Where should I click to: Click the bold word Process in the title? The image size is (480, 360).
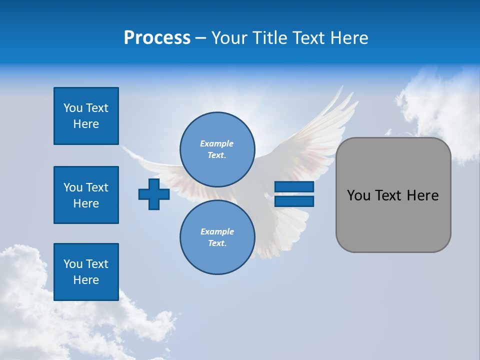[157, 38]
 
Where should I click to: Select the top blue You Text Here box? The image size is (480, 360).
[86, 116]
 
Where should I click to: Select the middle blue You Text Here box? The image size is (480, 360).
[86, 195]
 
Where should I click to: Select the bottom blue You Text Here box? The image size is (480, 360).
[86, 272]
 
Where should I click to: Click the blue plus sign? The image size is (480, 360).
[154, 194]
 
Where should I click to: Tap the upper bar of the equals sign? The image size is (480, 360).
[294, 187]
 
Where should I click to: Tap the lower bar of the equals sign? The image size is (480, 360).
[294, 201]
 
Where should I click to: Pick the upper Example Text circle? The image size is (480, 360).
[217, 149]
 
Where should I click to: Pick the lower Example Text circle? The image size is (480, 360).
[217, 237]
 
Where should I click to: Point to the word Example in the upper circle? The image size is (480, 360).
[216, 143]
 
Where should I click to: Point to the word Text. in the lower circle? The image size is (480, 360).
[217, 243]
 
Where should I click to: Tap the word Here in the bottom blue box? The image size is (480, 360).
[86, 280]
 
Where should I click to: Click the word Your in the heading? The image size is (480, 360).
[230, 38]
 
